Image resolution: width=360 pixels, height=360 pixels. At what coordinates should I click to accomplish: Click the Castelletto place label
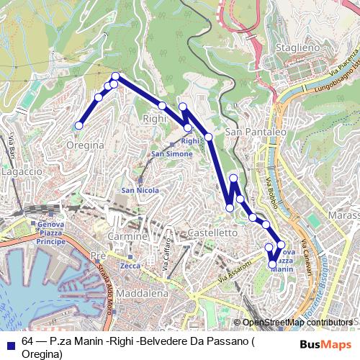[212, 233]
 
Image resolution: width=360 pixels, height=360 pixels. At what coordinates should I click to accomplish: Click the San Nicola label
[140, 190]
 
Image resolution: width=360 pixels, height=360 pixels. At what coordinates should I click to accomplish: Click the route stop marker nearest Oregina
[78, 126]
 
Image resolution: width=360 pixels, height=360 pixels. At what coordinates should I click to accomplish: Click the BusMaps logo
[326, 343]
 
